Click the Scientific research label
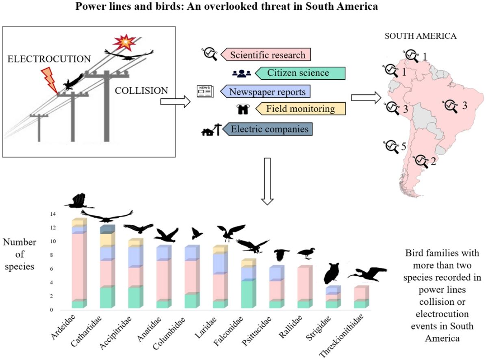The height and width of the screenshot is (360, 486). (267, 54)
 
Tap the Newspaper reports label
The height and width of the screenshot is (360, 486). (267, 91)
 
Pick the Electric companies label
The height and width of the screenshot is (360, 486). (269, 129)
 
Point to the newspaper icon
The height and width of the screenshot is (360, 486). (205, 91)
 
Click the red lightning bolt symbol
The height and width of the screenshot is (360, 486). (50, 79)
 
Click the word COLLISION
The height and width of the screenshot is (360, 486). (141, 91)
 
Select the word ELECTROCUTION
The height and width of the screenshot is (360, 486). (49, 59)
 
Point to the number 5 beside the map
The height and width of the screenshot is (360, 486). (404, 146)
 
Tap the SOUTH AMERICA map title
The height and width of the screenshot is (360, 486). (420, 36)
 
